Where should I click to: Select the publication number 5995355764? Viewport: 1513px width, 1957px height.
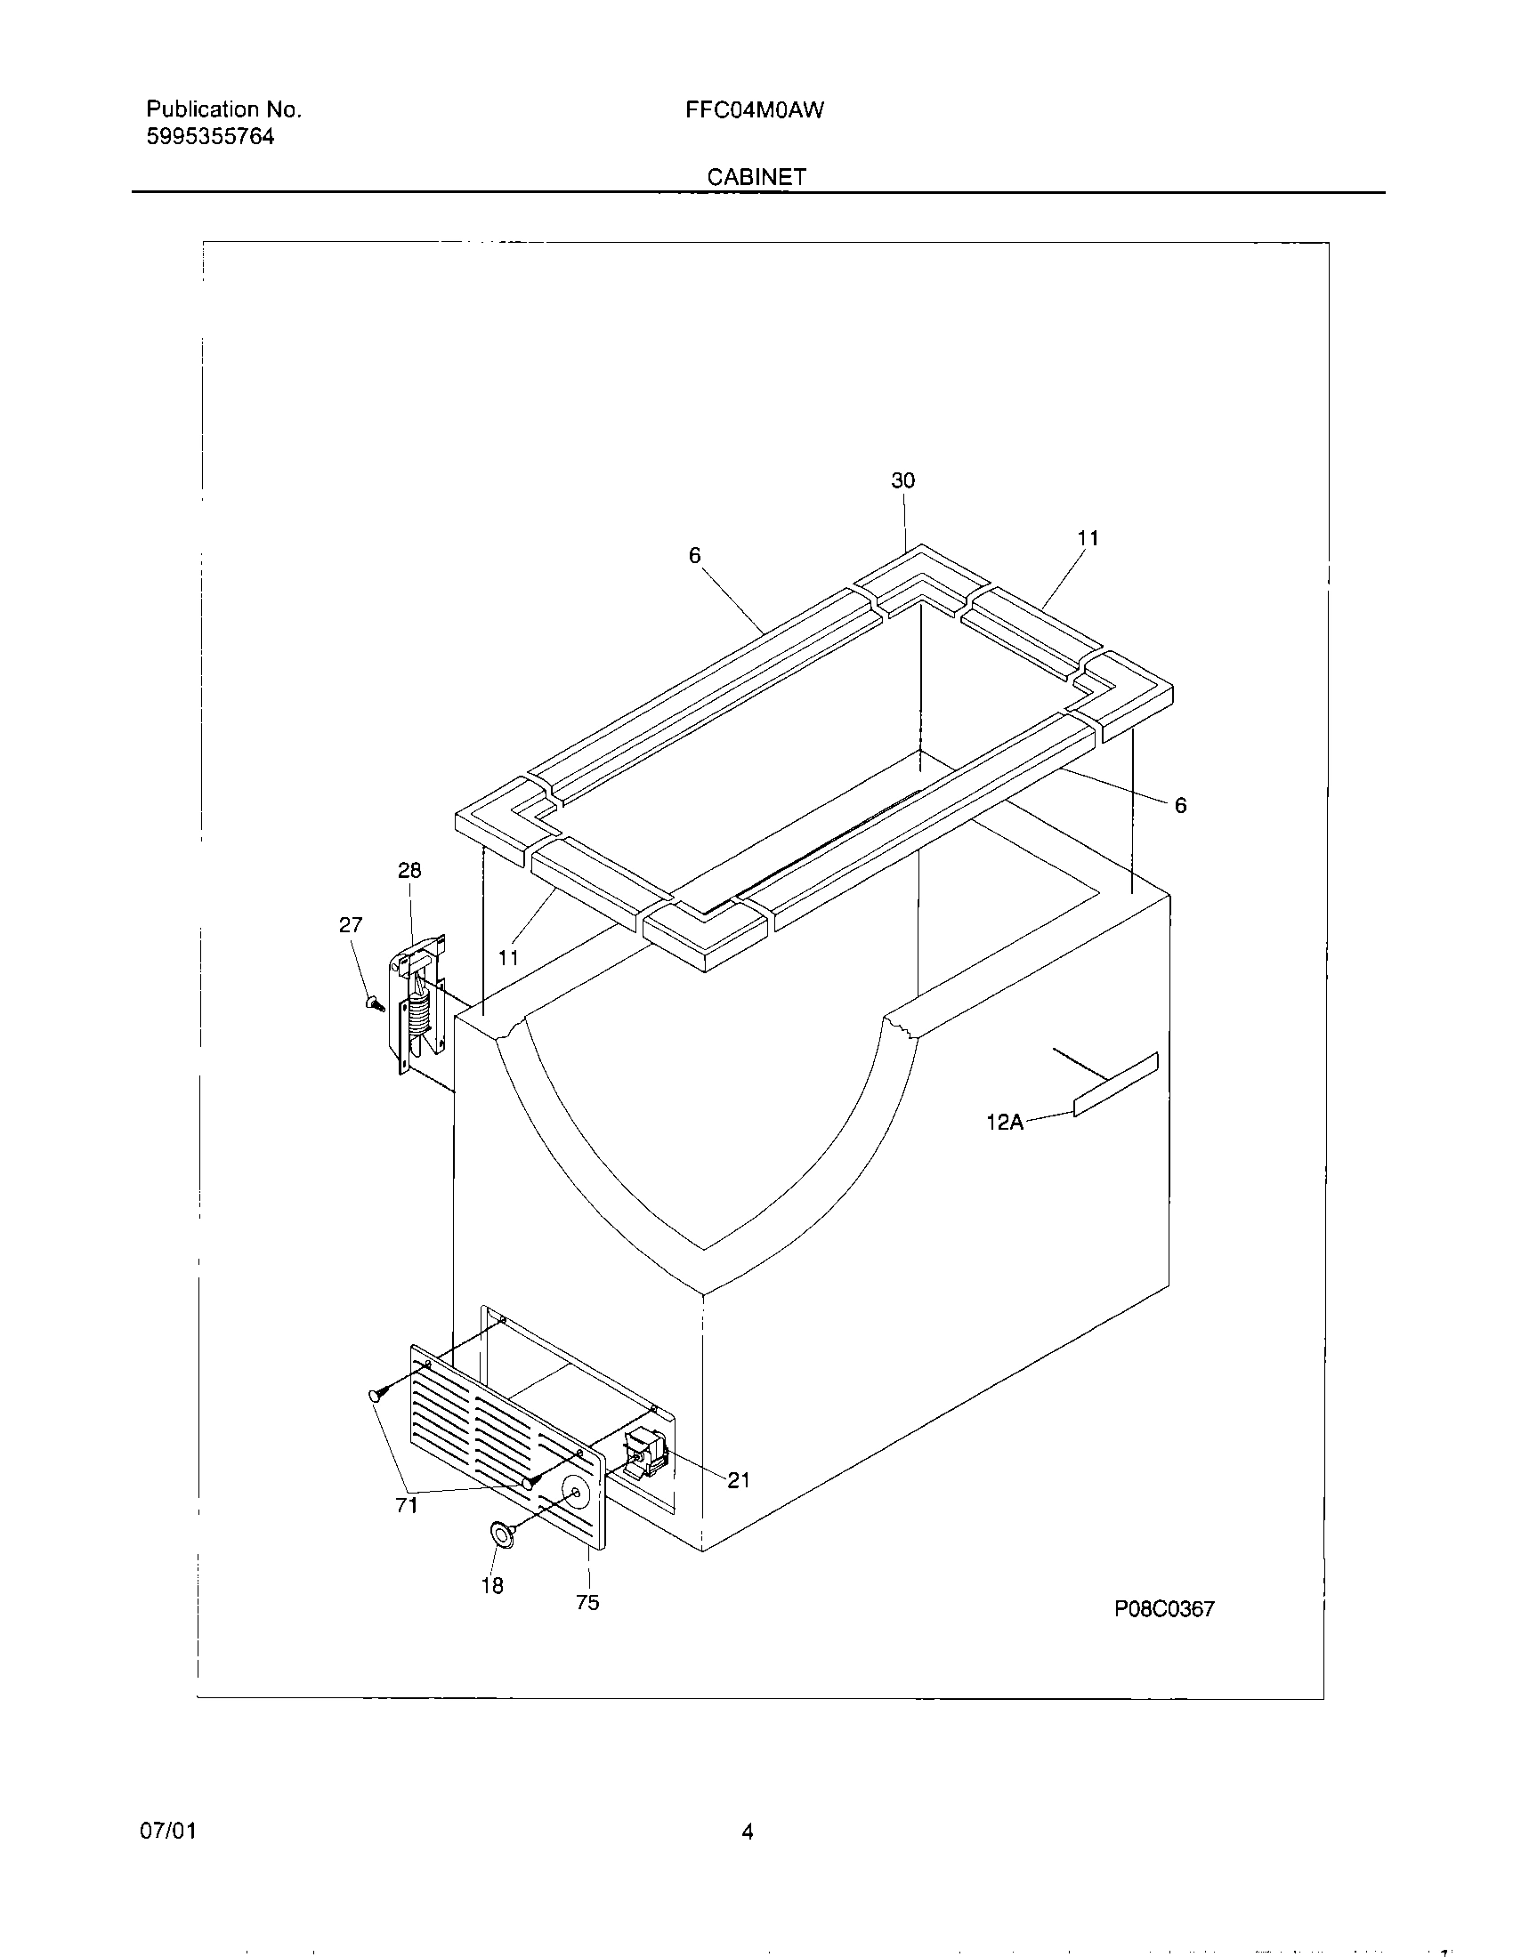pos(210,137)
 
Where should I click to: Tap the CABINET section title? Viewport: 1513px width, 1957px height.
pos(756,177)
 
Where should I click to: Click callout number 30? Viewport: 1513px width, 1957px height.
pos(902,481)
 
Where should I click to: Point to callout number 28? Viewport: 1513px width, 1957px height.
pos(409,870)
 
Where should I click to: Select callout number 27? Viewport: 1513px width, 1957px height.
pos(351,925)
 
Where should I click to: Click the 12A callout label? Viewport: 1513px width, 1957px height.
pos(1004,1122)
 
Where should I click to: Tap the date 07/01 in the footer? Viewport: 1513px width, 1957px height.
pos(167,1832)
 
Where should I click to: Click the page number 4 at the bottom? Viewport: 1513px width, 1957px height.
pos(747,1832)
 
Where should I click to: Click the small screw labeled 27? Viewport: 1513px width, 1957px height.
pos(373,1003)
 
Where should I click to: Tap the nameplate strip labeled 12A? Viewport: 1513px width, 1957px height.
pos(1115,1086)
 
